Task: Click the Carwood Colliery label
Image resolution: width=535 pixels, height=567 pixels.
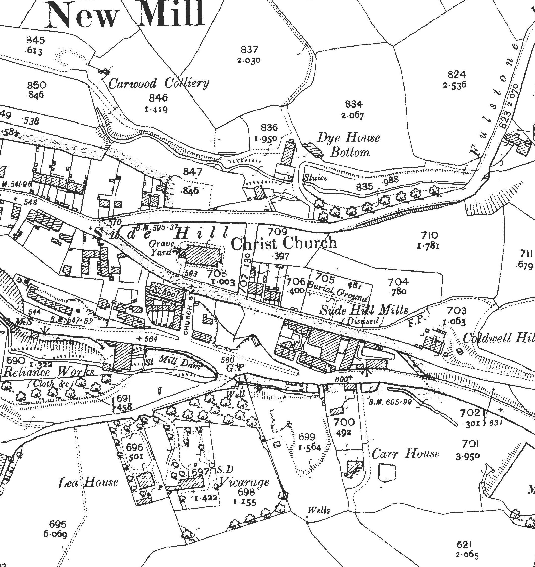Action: click(159, 83)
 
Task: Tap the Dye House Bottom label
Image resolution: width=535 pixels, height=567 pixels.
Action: click(349, 145)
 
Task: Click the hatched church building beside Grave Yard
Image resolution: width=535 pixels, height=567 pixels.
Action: click(203, 255)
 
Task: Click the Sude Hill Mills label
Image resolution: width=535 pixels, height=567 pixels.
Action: click(364, 310)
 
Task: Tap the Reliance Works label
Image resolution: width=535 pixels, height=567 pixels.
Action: click(48, 372)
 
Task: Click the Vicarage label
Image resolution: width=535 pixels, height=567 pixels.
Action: click(244, 482)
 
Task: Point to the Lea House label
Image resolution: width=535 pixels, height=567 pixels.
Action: click(88, 482)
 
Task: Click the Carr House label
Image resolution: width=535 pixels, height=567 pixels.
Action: click(406, 453)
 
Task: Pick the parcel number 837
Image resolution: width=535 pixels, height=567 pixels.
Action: click(249, 50)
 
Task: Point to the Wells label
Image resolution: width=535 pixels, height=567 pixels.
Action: click(319, 510)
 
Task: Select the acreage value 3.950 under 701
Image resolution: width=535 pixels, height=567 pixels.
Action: click(468, 457)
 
